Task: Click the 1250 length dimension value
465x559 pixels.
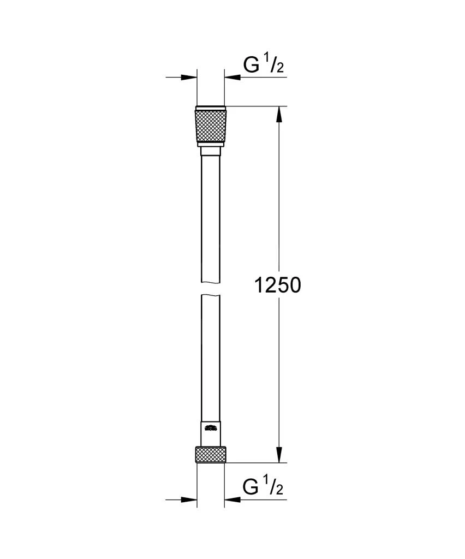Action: (278, 285)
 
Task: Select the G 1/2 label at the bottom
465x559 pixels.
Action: (263, 486)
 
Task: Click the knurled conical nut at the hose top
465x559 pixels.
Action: (210, 127)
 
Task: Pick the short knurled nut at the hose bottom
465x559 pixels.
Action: (210, 455)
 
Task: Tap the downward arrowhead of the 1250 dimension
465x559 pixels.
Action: (279, 454)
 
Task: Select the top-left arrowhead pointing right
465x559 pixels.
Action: (189, 78)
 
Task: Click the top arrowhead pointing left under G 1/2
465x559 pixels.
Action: (231, 78)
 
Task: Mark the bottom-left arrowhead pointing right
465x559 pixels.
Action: (189, 499)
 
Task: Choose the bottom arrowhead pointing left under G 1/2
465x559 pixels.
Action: (231, 499)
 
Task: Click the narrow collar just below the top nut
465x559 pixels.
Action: (210, 150)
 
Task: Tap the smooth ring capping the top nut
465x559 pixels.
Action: (210, 107)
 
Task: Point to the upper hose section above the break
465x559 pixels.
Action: (210, 218)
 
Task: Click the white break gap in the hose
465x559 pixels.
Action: (210, 289)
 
